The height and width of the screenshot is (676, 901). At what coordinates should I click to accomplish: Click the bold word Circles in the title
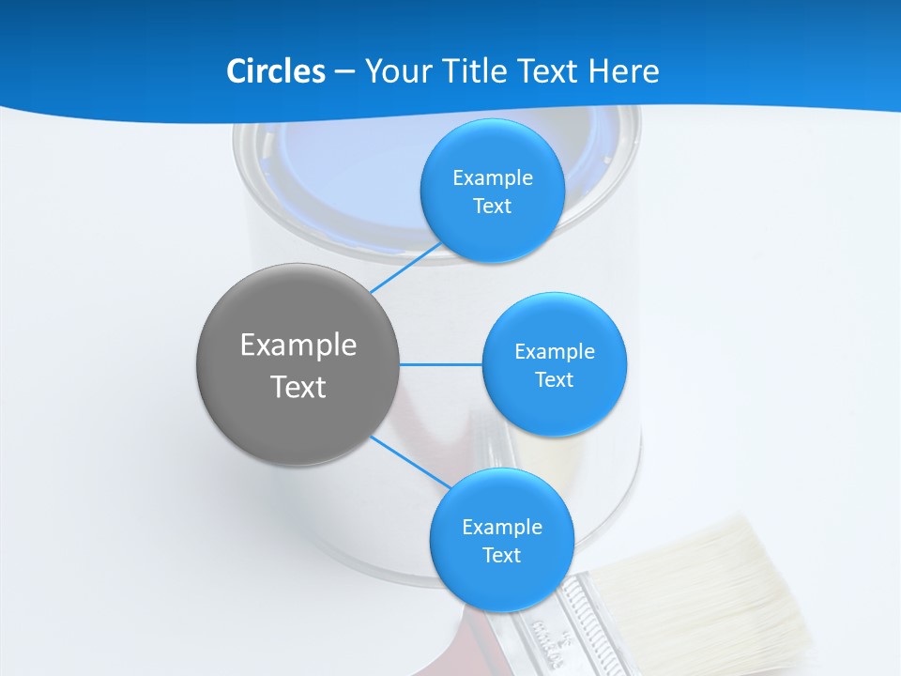click(x=275, y=71)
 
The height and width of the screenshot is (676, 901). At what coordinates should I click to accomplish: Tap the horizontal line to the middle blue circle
click(x=440, y=364)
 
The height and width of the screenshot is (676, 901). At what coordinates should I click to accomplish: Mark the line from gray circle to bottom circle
click(x=410, y=461)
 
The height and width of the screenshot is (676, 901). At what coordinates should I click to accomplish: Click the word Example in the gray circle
click(x=298, y=346)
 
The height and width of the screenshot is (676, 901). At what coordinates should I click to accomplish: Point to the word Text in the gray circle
click(x=298, y=387)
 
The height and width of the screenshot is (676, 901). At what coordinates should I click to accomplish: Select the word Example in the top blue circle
click(x=492, y=178)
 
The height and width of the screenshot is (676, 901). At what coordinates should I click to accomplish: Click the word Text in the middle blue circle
click(x=554, y=380)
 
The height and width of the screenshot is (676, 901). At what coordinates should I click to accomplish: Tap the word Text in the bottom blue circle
click(x=501, y=556)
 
